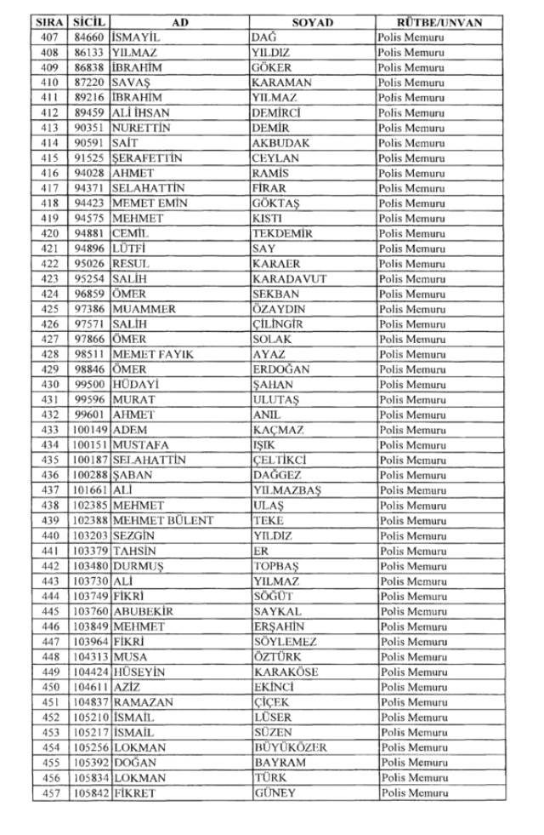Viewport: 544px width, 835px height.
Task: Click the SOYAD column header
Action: (313, 22)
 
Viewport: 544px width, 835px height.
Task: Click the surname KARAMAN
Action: (282, 83)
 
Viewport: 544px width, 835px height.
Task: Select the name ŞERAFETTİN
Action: (147, 158)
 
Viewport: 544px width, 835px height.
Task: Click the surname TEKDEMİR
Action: (282, 234)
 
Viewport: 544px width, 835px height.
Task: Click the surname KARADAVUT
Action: (289, 279)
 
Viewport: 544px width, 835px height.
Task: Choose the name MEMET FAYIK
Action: (153, 354)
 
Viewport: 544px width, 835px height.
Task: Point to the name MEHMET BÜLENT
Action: (162, 521)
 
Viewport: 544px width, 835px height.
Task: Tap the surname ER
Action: (260, 551)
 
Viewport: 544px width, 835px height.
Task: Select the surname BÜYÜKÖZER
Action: (290, 747)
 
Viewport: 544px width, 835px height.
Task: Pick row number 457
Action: (49, 793)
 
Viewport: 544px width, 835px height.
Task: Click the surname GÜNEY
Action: (275, 793)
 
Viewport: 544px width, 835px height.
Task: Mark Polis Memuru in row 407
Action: (411, 37)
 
